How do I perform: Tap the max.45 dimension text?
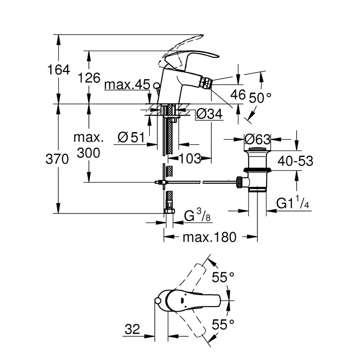127,85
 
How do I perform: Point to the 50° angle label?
260,97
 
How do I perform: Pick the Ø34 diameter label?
209,114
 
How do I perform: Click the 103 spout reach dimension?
189,158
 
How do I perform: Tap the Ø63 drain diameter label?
257,140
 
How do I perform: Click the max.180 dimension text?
210,237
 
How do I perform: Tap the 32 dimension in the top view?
132,330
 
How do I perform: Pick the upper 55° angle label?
223,277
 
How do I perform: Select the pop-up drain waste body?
256,170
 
